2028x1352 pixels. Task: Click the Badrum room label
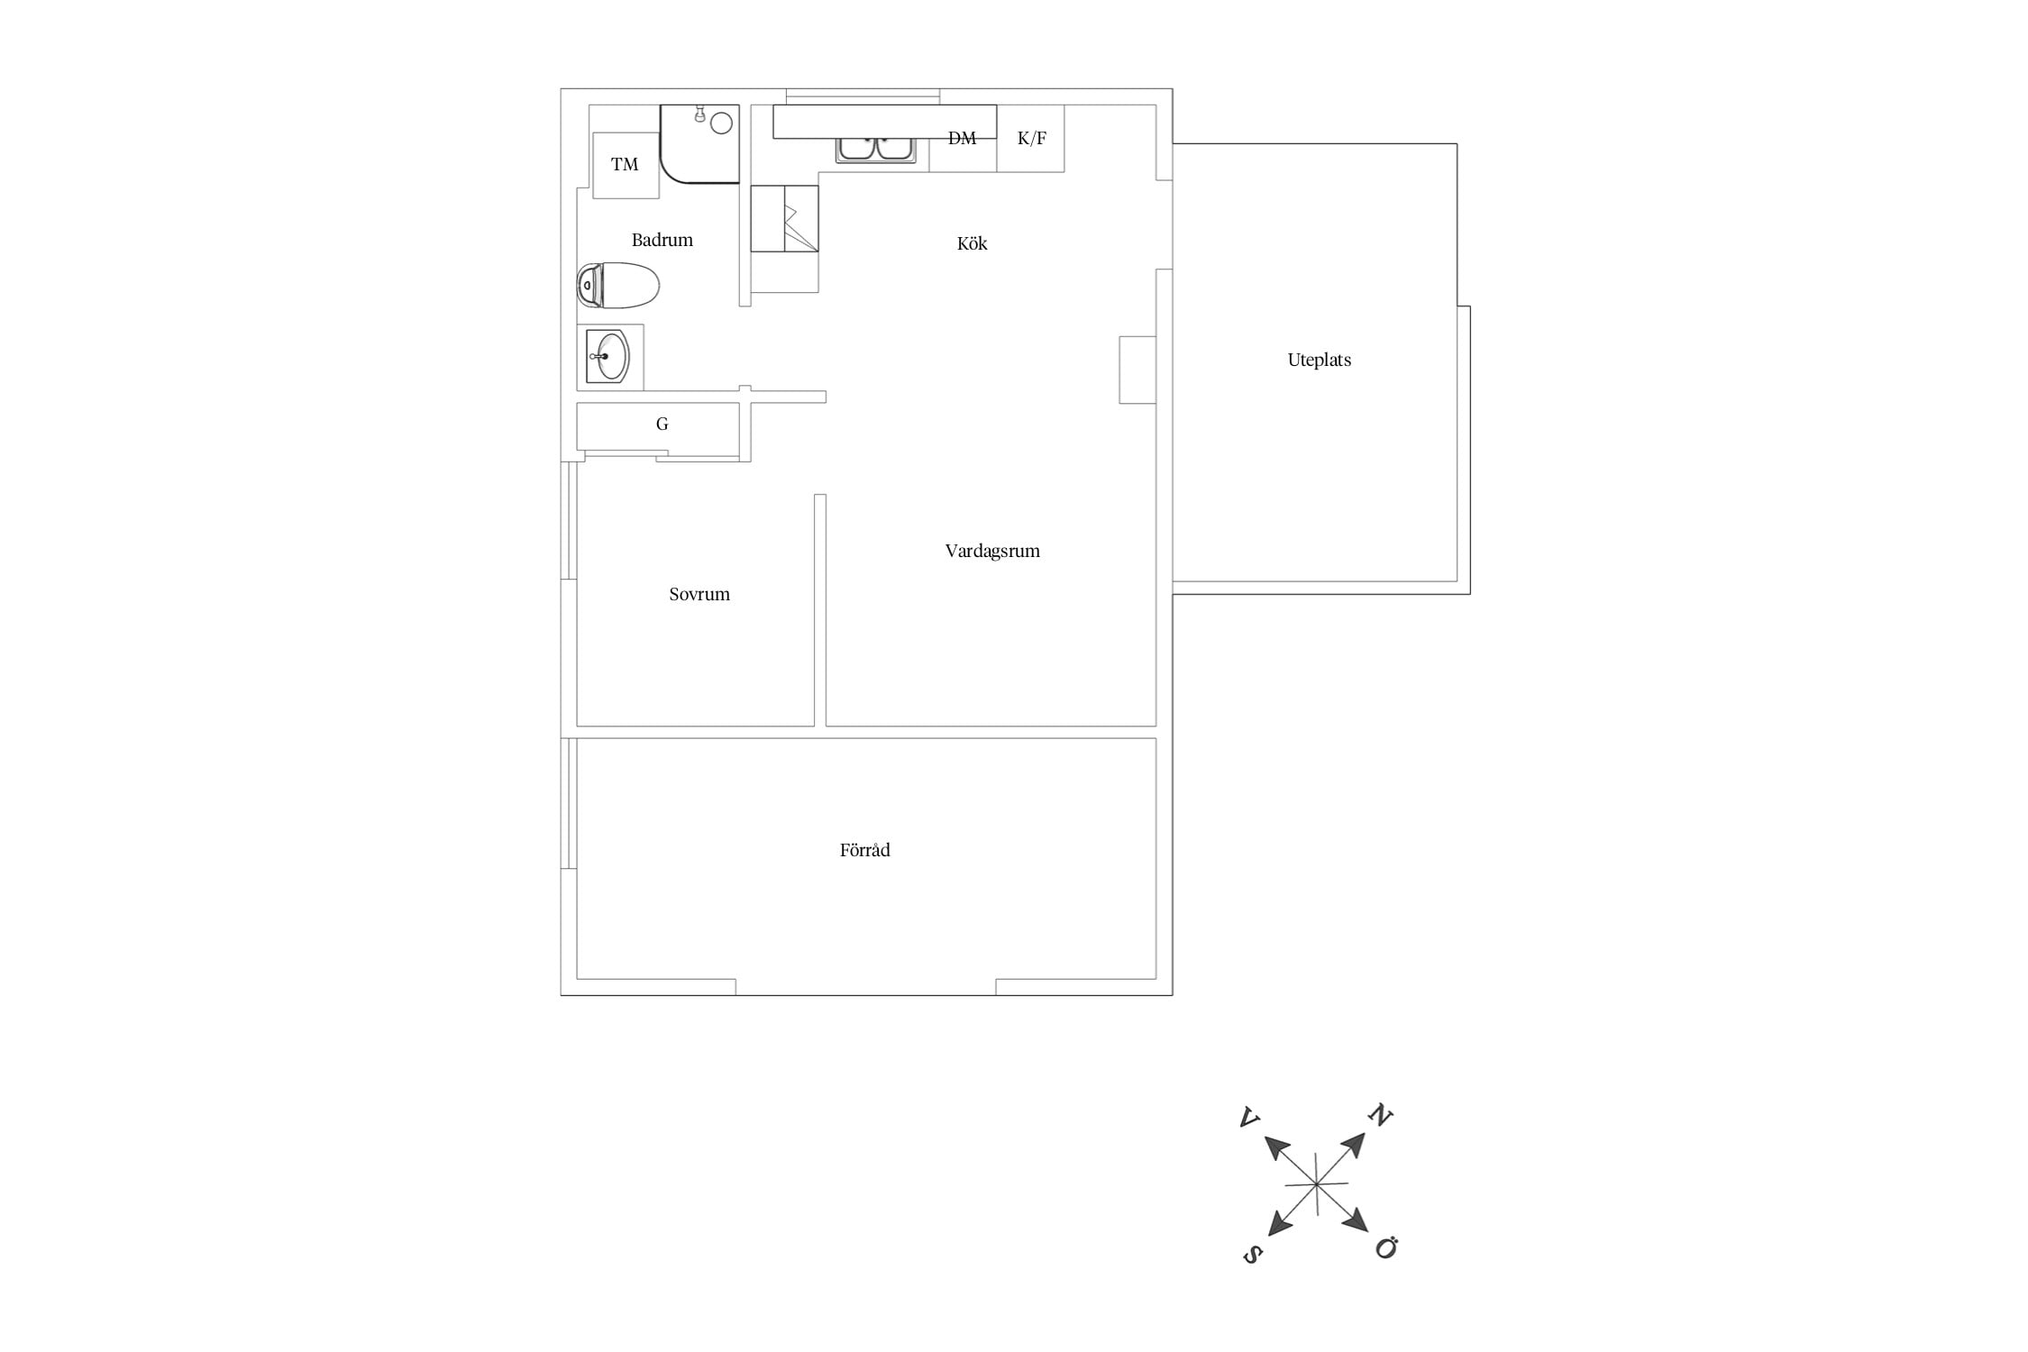(x=662, y=240)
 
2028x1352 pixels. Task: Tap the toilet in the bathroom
(x=618, y=286)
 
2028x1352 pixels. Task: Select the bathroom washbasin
(x=610, y=357)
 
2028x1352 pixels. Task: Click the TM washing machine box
(x=626, y=165)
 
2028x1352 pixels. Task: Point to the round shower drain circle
(x=721, y=123)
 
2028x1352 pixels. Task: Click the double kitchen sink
(x=876, y=149)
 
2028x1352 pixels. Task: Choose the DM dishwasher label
(x=962, y=139)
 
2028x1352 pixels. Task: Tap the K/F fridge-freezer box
(x=1030, y=139)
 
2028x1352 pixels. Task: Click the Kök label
(x=972, y=243)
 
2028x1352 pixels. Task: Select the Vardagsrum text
(x=992, y=551)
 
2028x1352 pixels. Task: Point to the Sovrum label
(x=699, y=594)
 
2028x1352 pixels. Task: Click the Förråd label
(x=864, y=850)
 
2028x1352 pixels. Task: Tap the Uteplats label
(x=1320, y=360)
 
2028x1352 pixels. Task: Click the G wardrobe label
(x=662, y=424)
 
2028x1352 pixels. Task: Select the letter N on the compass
(x=1380, y=1116)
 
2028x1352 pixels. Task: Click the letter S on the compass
(x=1252, y=1254)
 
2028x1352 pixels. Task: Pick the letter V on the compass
(x=1249, y=1118)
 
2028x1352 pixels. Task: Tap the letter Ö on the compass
(x=1386, y=1248)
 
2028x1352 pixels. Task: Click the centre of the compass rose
(x=1317, y=1183)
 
